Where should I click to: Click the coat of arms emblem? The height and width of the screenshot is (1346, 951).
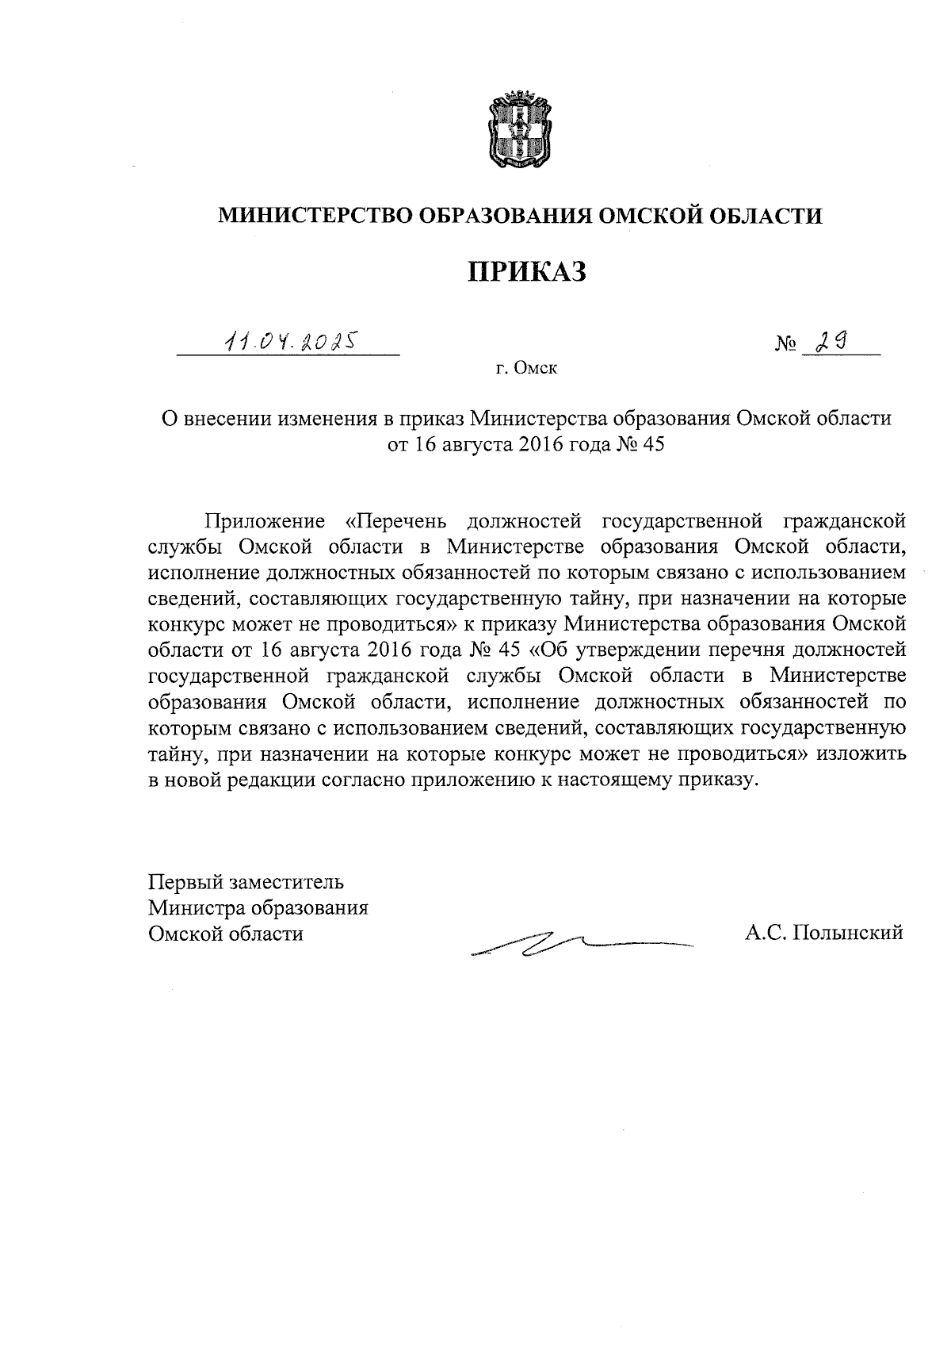(517, 129)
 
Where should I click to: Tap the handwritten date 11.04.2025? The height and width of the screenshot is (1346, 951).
(289, 342)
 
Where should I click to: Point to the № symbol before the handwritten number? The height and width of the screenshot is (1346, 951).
(785, 346)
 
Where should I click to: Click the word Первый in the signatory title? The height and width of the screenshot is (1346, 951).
(185, 882)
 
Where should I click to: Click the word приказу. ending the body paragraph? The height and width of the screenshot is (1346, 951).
(720, 780)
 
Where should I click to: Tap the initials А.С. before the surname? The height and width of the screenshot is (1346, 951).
(764, 933)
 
